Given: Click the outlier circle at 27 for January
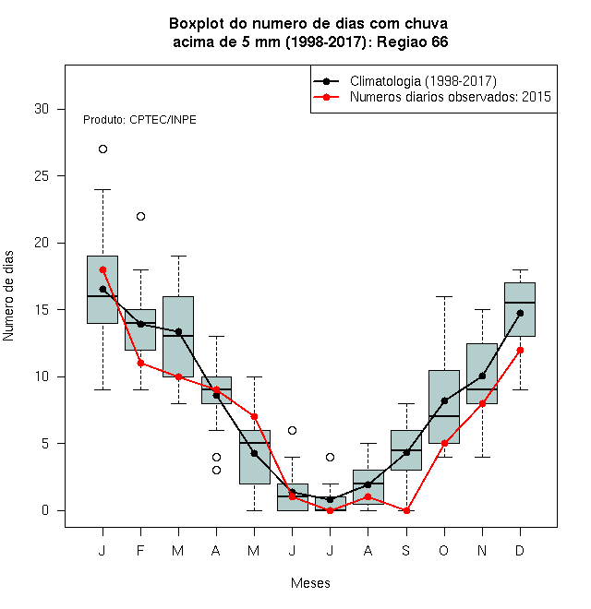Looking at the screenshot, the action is pyautogui.click(x=103, y=149).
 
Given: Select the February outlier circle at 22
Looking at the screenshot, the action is pyautogui.click(x=140, y=216).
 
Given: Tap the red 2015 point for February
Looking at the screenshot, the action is pyautogui.click(x=140, y=364).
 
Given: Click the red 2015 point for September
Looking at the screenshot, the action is pyautogui.click(x=406, y=511).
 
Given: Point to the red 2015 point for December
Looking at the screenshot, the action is pyautogui.click(x=520, y=350).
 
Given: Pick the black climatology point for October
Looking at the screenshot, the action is pyautogui.click(x=444, y=400).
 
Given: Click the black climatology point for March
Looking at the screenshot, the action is pyautogui.click(x=178, y=331).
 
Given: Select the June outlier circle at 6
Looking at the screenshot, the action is pyautogui.click(x=293, y=430).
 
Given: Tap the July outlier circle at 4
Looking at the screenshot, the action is pyautogui.click(x=330, y=457).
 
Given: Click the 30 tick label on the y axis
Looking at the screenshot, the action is pyautogui.click(x=42, y=109).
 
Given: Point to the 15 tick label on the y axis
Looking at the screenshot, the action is pyautogui.click(x=42, y=310).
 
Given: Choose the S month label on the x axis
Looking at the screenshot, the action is pyautogui.click(x=406, y=550).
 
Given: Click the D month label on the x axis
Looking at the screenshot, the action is pyautogui.click(x=520, y=550).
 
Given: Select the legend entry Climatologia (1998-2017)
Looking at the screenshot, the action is pyautogui.click(x=423, y=81).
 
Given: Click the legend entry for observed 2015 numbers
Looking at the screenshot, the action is pyautogui.click(x=451, y=97).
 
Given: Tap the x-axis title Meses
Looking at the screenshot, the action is pyautogui.click(x=310, y=583).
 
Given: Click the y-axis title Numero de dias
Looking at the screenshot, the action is pyautogui.click(x=8, y=296).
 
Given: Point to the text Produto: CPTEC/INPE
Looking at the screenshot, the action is pyautogui.click(x=139, y=120).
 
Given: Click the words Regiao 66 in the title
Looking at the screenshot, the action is pyautogui.click(x=413, y=42).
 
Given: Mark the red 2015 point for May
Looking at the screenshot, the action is pyautogui.click(x=254, y=417).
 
